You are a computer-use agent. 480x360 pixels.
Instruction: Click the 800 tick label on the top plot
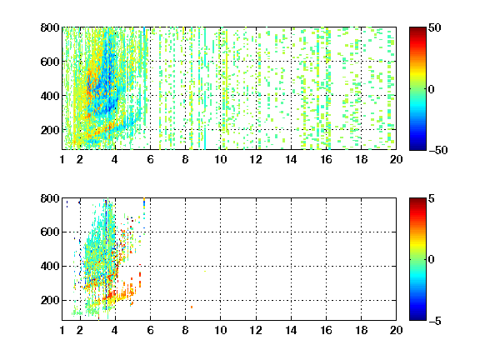(50, 27)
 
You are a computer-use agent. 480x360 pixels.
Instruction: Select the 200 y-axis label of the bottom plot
(50, 300)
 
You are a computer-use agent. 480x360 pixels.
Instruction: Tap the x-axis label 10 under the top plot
(220, 159)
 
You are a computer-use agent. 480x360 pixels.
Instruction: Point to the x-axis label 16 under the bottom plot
(326, 330)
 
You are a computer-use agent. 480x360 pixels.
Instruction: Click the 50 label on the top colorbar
(435, 27)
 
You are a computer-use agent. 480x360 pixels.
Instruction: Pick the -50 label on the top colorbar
(438, 150)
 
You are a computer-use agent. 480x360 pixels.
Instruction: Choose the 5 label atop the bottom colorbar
(432, 198)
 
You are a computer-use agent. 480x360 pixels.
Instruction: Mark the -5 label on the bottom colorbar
(435, 321)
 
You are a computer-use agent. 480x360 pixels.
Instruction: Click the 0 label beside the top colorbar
(432, 89)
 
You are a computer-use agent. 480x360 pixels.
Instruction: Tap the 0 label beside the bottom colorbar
(432, 260)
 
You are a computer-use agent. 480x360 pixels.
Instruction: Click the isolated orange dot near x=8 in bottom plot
(192, 307)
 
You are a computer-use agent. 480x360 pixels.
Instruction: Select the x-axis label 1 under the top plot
(62, 159)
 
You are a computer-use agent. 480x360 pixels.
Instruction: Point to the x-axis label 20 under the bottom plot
(396, 330)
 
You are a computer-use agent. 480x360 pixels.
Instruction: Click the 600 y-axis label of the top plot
(50, 62)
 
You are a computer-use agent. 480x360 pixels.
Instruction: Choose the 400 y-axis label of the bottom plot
(50, 266)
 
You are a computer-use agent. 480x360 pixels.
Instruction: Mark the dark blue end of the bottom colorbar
(417, 318)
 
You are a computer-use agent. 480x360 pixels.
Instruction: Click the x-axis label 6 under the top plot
(150, 159)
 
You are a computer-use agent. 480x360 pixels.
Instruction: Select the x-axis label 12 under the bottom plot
(256, 330)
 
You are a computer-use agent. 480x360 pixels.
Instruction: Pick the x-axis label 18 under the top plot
(361, 159)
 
